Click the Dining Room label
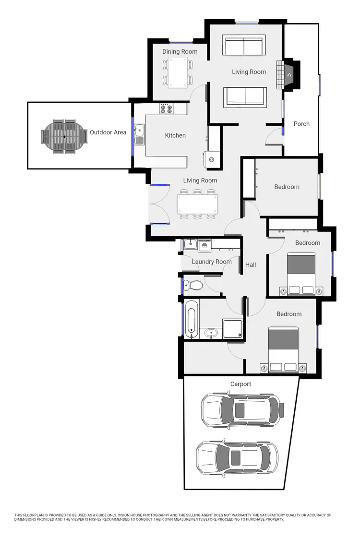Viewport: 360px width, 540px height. [x=180, y=52]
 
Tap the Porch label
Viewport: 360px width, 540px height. [x=301, y=124]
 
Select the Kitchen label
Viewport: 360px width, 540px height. [x=175, y=135]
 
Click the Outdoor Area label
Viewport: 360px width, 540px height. [x=108, y=132]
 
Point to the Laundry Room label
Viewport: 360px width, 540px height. [x=212, y=262]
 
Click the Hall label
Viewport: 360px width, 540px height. [x=251, y=264]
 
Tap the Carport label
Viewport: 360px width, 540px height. [x=240, y=384]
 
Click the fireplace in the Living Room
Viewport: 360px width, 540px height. [x=289, y=75]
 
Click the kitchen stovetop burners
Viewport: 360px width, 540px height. [x=167, y=109]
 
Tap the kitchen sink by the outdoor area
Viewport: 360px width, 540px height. [x=139, y=134]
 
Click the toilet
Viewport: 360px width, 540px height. [x=194, y=286]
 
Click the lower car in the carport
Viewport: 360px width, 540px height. [x=237, y=457]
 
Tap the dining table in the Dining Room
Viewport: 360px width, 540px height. [x=177, y=72]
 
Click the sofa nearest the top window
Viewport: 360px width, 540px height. [x=245, y=47]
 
